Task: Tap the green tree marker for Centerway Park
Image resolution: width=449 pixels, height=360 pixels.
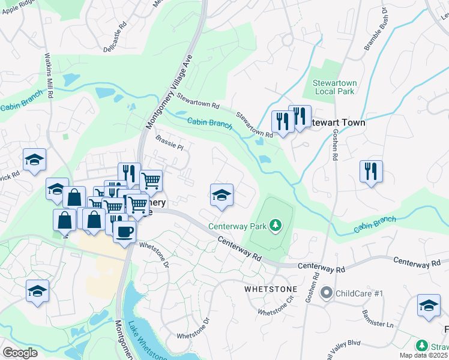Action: (x=276, y=226)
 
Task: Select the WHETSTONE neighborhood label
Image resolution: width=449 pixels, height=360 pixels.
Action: (x=271, y=289)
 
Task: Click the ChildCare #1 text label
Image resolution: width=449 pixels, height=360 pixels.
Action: (x=359, y=293)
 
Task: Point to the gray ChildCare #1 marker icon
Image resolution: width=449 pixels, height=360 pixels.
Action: (x=327, y=293)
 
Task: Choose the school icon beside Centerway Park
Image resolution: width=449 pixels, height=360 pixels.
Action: (x=221, y=195)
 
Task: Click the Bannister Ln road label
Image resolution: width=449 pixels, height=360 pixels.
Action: (x=377, y=317)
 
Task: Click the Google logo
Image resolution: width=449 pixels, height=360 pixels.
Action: (x=20, y=353)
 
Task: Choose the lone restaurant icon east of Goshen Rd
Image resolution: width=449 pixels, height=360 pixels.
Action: (x=371, y=171)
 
